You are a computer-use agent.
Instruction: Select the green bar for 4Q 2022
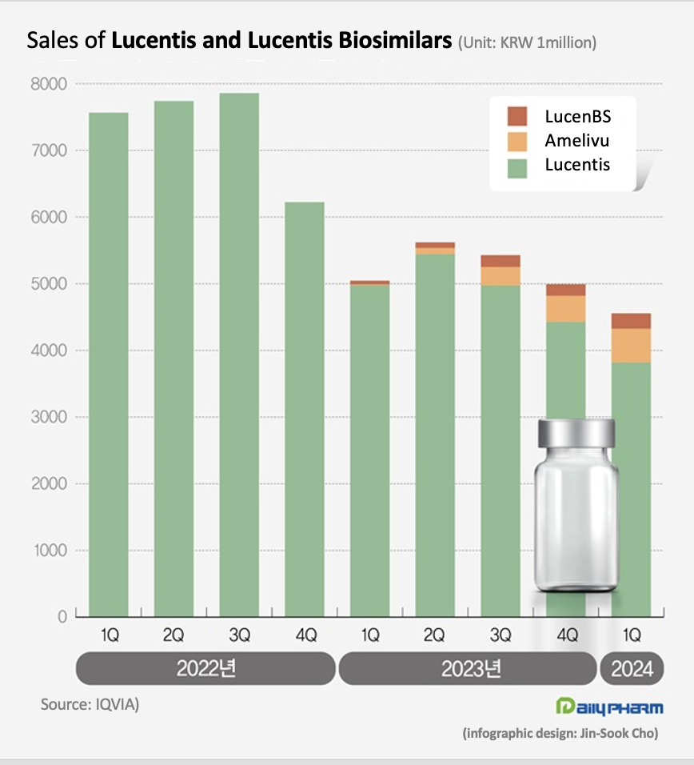coord(305,409)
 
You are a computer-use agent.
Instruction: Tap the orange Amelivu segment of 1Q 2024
coord(631,345)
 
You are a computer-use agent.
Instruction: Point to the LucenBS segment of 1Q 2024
coord(631,321)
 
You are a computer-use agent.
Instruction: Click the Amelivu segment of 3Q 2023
coord(501,276)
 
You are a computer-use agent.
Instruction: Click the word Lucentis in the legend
coord(577,165)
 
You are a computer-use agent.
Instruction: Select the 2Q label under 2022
coord(173,636)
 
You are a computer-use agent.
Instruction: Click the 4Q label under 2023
coord(566,636)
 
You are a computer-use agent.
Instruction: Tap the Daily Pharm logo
coord(608,707)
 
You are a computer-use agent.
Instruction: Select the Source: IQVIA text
coord(90,705)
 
